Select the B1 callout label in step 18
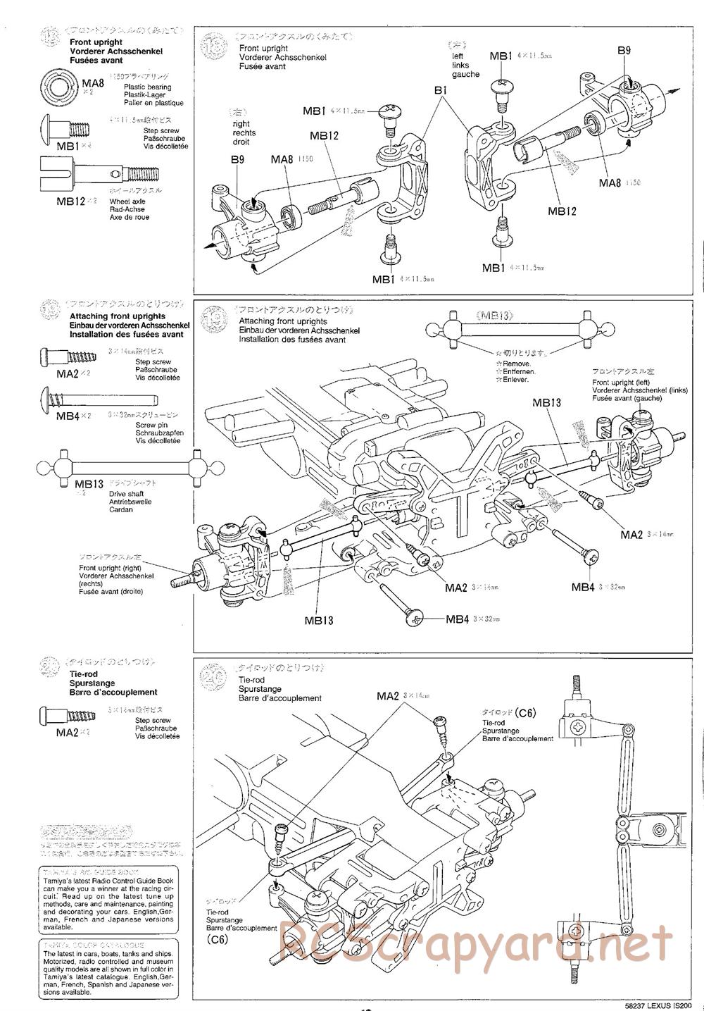click(441, 91)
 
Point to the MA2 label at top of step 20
click(388, 696)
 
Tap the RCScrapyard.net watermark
click(475, 941)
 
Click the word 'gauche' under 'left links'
click(465, 75)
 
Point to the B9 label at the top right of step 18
click(624, 50)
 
